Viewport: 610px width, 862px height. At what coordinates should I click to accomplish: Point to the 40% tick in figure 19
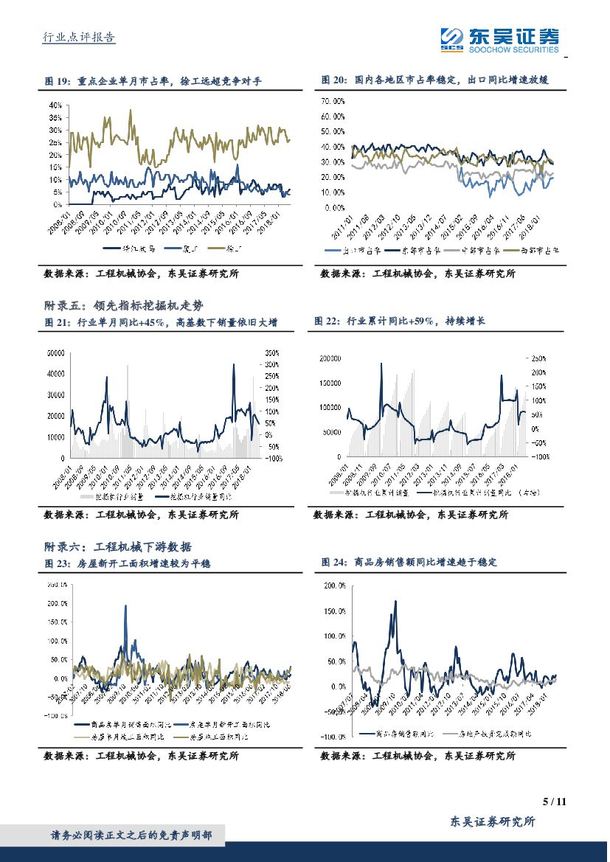(x=55, y=105)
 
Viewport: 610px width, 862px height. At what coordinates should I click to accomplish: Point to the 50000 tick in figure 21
(x=56, y=353)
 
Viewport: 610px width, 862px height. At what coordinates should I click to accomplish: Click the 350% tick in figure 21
(x=271, y=353)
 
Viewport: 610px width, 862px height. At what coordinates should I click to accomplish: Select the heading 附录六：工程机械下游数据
(x=118, y=546)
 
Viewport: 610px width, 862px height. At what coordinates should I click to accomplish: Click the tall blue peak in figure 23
(x=125, y=607)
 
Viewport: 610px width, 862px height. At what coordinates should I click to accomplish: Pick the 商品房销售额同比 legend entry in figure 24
(x=398, y=734)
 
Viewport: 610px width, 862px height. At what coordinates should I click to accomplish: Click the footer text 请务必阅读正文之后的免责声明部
(x=131, y=835)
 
